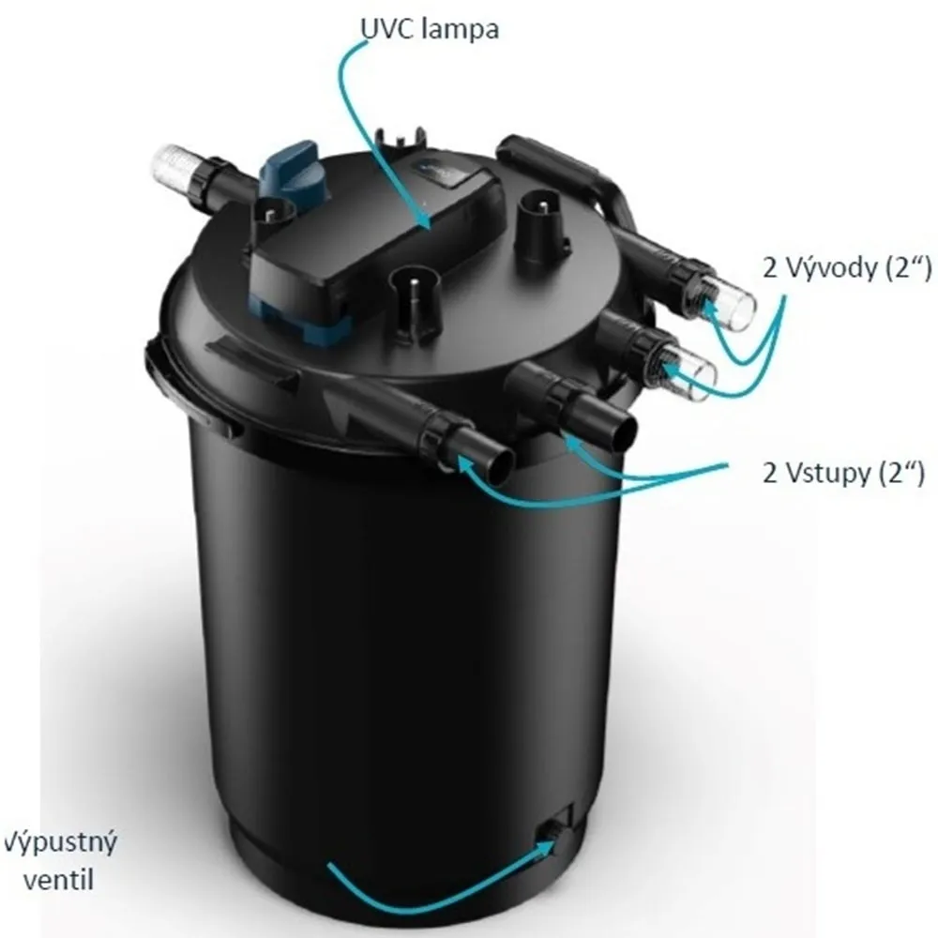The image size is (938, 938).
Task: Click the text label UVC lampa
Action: click(429, 29)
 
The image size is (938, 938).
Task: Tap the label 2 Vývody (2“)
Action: click(847, 268)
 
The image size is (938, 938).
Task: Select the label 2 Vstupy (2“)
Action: click(843, 473)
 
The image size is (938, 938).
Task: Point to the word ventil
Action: click(58, 881)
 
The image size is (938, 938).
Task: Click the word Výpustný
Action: click(60, 843)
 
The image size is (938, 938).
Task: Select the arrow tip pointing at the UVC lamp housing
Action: click(429, 226)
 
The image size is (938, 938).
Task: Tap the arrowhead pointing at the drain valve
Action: click(551, 843)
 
